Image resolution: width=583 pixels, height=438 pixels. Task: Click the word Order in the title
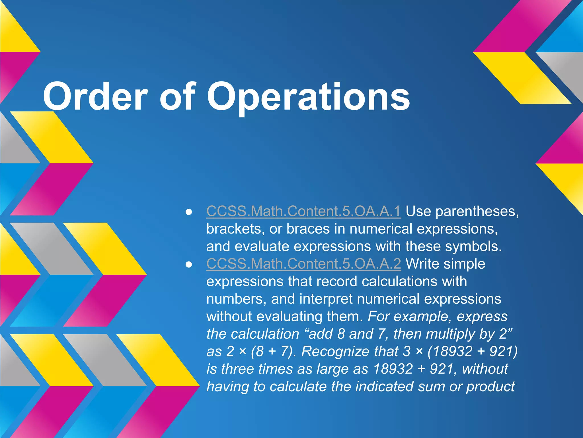95,96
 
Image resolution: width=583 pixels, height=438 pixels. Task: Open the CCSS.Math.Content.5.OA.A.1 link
303,211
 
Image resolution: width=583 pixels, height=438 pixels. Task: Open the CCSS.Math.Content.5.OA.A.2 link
303,264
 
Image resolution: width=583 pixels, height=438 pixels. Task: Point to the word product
490,387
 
